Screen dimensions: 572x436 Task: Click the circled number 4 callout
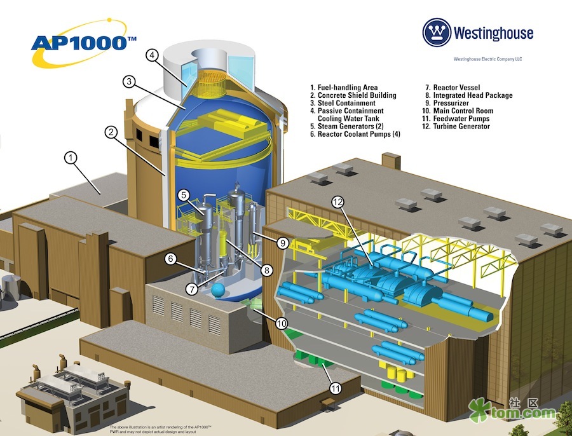(152, 55)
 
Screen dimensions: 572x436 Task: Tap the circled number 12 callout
(338, 201)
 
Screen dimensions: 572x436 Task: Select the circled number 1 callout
(71, 158)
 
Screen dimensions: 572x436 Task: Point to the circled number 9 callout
(283, 243)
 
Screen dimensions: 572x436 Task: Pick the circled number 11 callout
(336, 388)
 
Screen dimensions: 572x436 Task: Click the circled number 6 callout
(170, 259)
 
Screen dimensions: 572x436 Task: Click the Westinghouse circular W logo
(437, 32)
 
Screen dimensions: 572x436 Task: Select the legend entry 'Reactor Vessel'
(453, 88)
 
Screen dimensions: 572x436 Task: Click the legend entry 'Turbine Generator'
(456, 126)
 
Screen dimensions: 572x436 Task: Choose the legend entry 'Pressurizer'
(447, 103)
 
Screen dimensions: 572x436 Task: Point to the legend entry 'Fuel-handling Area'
(344, 88)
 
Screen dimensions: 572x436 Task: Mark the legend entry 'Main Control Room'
(458, 111)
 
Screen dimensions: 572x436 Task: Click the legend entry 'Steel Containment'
(343, 103)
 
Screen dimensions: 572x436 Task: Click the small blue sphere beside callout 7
(218, 290)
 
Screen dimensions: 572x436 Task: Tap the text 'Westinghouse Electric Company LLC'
(487, 59)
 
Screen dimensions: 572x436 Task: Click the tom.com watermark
(512, 411)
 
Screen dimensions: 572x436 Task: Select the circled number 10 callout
(282, 324)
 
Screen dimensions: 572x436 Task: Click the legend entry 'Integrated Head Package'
(469, 95)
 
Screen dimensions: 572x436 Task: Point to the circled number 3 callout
(129, 81)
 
